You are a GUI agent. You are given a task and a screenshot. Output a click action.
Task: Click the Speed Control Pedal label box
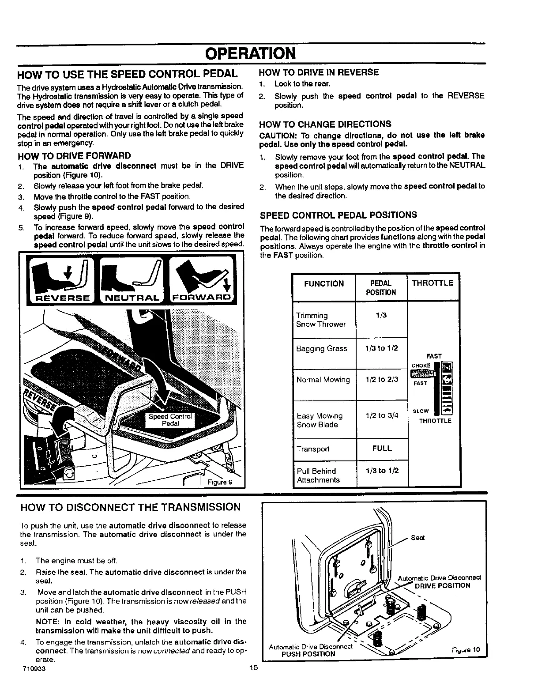[170, 420]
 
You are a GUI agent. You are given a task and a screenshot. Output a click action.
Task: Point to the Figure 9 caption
[219, 482]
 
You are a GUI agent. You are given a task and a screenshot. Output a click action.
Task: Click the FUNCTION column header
[323, 283]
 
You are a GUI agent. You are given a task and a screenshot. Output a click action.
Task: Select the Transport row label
[313, 449]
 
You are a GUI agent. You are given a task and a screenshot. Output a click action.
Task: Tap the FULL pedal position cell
[382, 449]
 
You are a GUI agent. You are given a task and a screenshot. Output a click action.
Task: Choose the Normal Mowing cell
[323, 380]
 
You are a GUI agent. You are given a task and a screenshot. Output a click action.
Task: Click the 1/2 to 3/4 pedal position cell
[382, 415]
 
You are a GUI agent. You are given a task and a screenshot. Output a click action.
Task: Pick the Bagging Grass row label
[322, 348]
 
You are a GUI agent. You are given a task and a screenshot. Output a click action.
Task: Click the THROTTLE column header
[432, 283]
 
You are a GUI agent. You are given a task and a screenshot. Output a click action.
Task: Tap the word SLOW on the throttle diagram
[420, 411]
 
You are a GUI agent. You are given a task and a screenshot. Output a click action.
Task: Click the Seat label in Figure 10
[417, 538]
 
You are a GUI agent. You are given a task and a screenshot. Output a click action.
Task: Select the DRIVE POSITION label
[442, 586]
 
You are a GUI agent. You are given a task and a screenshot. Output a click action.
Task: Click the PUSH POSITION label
[308, 654]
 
